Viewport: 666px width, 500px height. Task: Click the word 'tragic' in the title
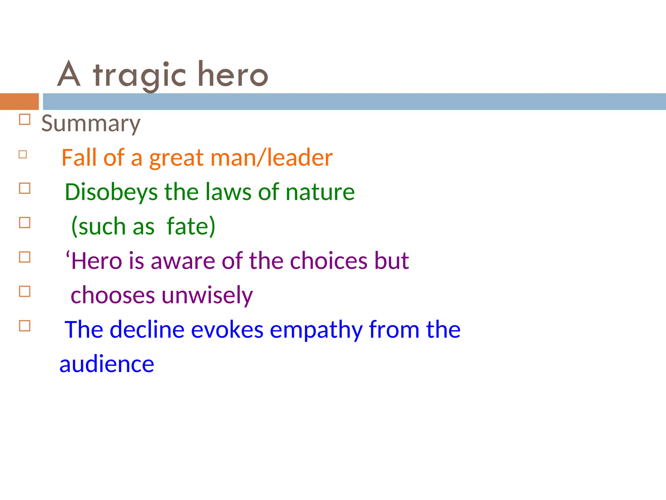140,76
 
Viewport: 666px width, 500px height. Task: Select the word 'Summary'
91,124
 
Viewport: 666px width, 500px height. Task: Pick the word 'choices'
329,261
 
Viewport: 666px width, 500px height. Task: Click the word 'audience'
107,364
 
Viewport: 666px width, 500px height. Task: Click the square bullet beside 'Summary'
25,119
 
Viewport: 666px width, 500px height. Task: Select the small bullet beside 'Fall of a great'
23,154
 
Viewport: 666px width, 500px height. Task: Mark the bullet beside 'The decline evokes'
25,326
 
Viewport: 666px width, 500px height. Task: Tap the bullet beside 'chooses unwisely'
25,291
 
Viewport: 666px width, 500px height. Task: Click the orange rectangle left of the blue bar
19,102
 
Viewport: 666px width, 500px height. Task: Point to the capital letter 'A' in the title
69,74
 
